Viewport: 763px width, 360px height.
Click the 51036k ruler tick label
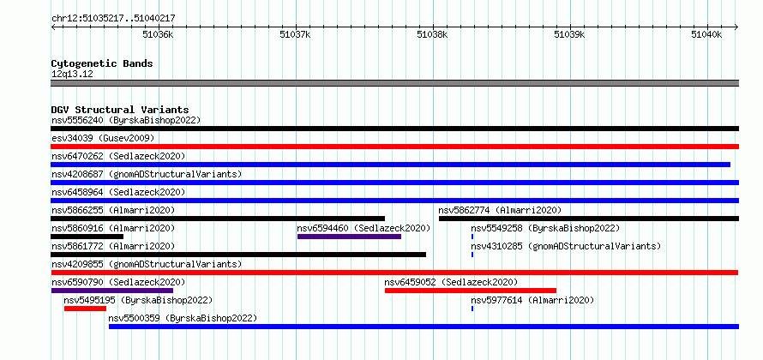pyautogui.click(x=157, y=34)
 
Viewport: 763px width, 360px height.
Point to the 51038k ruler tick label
pyautogui.click(x=433, y=34)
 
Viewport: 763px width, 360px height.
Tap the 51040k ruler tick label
pyautogui.click(x=707, y=34)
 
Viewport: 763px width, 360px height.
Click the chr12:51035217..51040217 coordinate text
pyautogui.click(x=113, y=19)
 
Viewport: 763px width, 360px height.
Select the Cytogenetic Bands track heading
pyautogui.click(x=102, y=63)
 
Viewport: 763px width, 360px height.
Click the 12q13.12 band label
pyautogui.click(x=72, y=75)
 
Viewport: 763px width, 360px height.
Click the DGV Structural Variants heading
pyautogui.click(x=120, y=110)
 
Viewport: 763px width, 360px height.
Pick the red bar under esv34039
pyautogui.click(x=394, y=147)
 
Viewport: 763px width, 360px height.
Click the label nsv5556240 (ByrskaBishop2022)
pyautogui.click(x=125, y=120)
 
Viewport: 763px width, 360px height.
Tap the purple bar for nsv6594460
pyautogui.click(x=350, y=237)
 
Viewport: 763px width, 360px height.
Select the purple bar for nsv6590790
pyautogui.click(x=112, y=291)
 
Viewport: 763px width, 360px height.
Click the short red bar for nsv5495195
pyautogui.click(x=85, y=309)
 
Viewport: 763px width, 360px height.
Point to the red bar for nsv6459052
pyautogui.click(x=471, y=291)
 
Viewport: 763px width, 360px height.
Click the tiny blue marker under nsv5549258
pyautogui.click(x=472, y=237)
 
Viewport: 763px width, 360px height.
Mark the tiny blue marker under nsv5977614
pyautogui.click(x=472, y=309)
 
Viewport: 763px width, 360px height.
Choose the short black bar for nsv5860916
pyautogui.click(x=87, y=237)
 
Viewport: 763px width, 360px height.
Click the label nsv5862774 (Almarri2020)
pyautogui.click(x=500, y=210)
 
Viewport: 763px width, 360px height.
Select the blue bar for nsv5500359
pyautogui.click(x=424, y=327)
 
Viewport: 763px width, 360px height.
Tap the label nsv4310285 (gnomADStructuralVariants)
pyautogui.click(x=566, y=246)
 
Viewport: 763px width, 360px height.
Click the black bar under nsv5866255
pyautogui.click(x=218, y=219)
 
